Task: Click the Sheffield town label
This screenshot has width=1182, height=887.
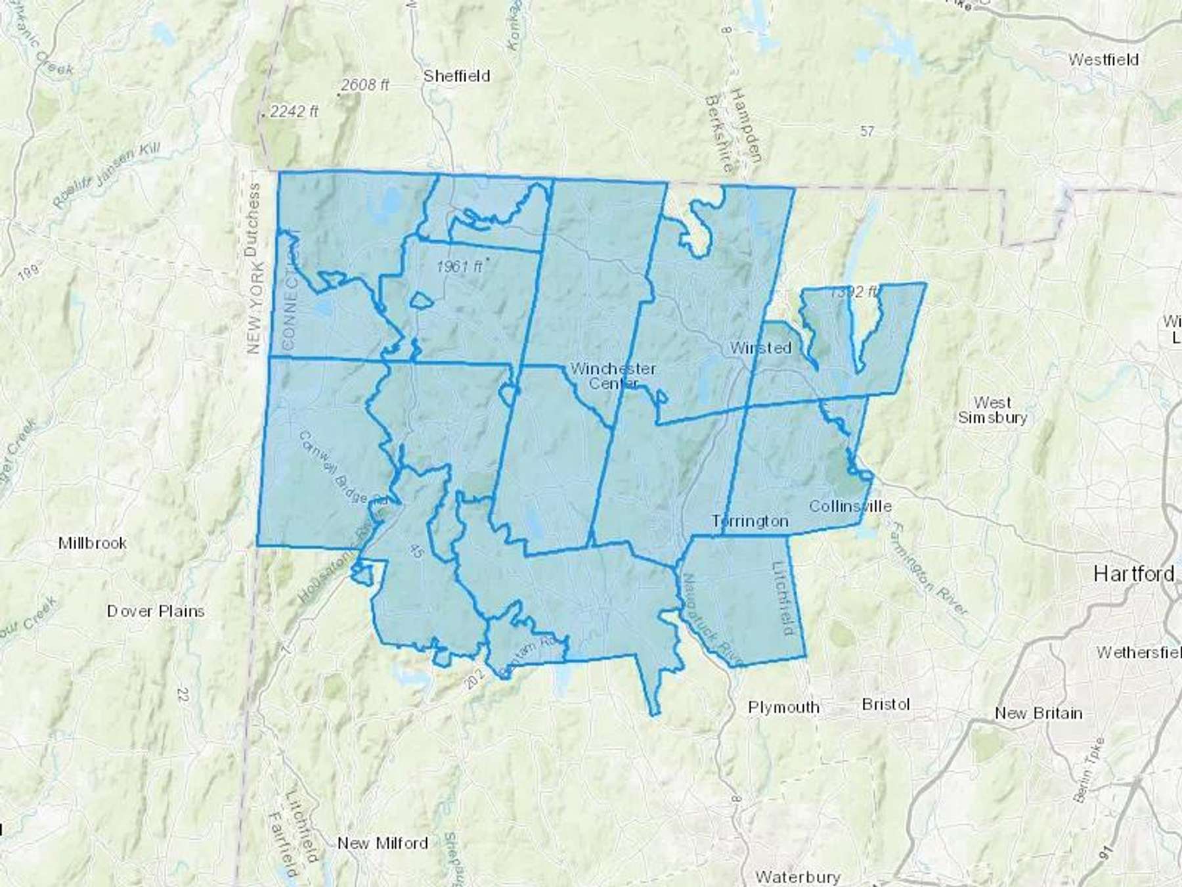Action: point(456,76)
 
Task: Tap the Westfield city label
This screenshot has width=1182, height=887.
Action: point(1103,60)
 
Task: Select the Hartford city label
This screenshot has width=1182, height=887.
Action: point(1134,574)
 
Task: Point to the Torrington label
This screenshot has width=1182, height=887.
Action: point(751,521)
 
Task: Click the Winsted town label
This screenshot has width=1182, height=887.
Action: point(760,348)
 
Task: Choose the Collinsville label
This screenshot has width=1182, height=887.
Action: point(850,506)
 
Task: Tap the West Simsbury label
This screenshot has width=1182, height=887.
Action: point(992,409)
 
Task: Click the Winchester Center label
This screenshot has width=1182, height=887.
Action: point(613,375)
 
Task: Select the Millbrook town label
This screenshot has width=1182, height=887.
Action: point(93,543)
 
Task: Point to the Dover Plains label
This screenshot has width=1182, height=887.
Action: point(156,611)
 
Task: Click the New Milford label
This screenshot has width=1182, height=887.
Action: point(383,843)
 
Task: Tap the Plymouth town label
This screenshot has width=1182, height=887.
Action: point(784,708)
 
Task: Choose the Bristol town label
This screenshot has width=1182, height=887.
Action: point(886,704)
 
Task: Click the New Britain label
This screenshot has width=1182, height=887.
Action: point(1038,713)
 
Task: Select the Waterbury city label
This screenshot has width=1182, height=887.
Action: point(798,876)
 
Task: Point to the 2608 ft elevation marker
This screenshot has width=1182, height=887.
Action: point(365,85)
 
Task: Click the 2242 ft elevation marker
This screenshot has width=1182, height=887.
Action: point(294,112)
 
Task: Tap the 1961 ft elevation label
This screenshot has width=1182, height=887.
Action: point(459,267)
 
